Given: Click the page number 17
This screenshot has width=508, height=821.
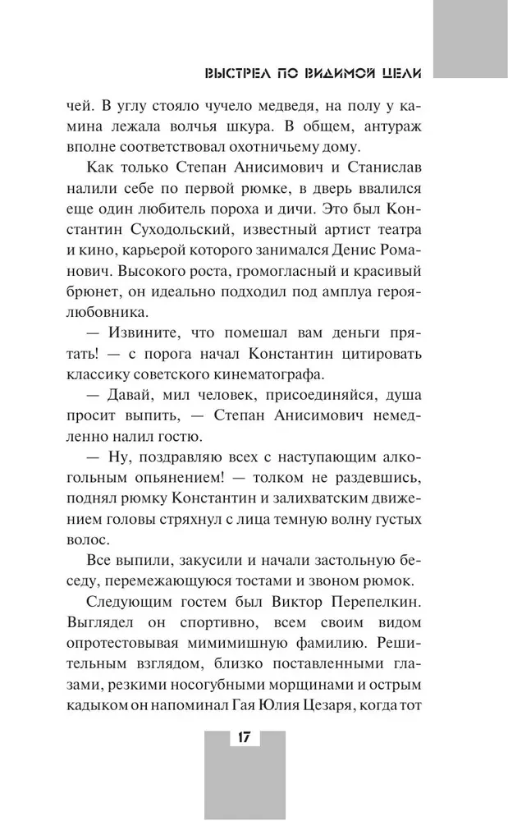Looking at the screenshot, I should [x=244, y=736].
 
